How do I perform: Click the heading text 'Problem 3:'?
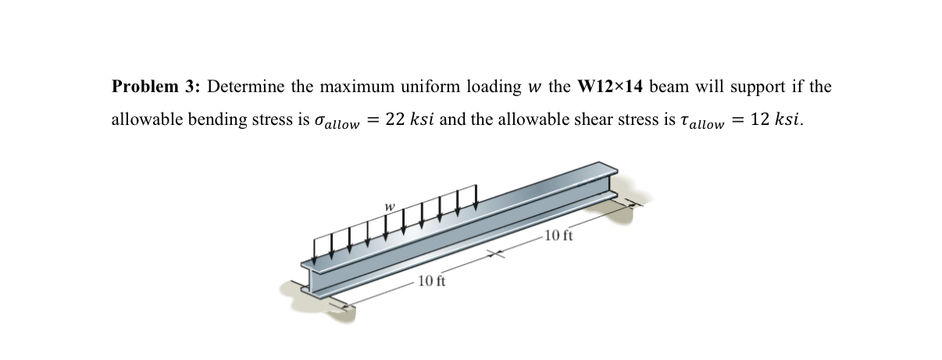(155, 87)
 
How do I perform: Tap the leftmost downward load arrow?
(314, 248)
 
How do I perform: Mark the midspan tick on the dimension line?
(494, 253)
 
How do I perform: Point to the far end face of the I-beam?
(608, 182)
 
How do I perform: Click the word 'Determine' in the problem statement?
(244, 87)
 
